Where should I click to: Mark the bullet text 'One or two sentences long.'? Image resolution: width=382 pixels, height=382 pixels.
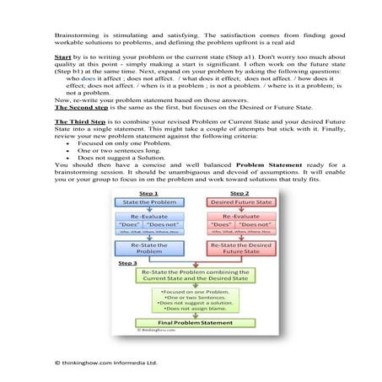[x=118, y=172]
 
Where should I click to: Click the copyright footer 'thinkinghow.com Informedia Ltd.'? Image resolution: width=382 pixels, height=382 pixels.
[x=110, y=362]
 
